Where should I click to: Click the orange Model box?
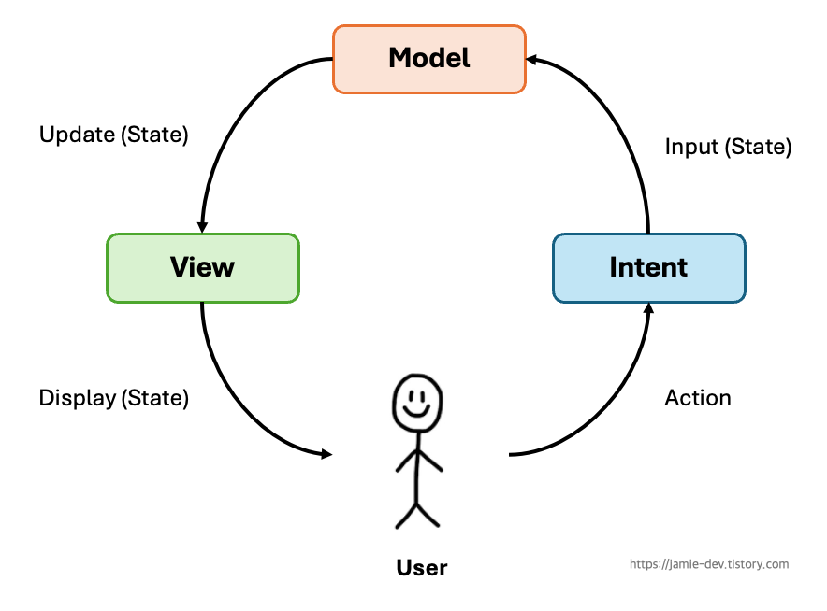pos(429,59)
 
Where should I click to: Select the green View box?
pos(203,268)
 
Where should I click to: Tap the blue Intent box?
pos(648,268)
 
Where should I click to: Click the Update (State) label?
pos(113,135)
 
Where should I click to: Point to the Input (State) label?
pos(728,147)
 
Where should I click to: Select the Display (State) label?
pos(113,398)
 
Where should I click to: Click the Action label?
pos(697,398)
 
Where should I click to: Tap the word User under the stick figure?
pos(422,568)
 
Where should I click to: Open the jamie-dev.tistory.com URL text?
pos(709,564)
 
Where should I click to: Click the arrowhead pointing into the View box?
pos(202,227)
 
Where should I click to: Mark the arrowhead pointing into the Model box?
pos(532,60)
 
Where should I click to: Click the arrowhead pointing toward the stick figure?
pos(326,454)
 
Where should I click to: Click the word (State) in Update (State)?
pos(154,135)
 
